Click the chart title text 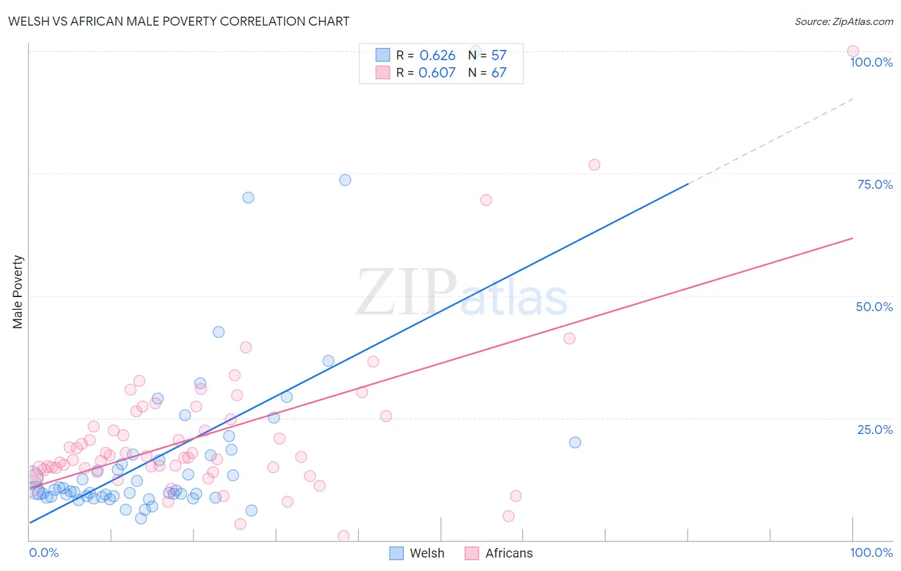pyautogui.click(x=179, y=21)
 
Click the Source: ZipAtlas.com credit pyautogui.click(x=843, y=21)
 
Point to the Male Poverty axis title pyautogui.click(x=18, y=292)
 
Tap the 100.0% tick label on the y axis pyautogui.click(x=871, y=62)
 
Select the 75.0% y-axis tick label pyautogui.click(x=875, y=184)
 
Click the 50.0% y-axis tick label pyautogui.click(x=874, y=307)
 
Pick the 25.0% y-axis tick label pyautogui.click(x=875, y=430)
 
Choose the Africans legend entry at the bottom pyautogui.click(x=500, y=553)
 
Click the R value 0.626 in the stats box pyautogui.click(x=437, y=56)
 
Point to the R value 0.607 pyautogui.click(x=437, y=73)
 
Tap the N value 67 pyautogui.click(x=499, y=73)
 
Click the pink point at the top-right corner pyautogui.click(x=852, y=51)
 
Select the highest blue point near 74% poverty pyautogui.click(x=345, y=180)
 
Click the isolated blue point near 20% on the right pyautogui.click(x=575, y=442)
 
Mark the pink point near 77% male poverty pyautogui.click(x=594, y=165)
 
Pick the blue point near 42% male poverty pyautogui.click(x=219, y=332)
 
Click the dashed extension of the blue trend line pyautogui.click(x=769, y=141)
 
